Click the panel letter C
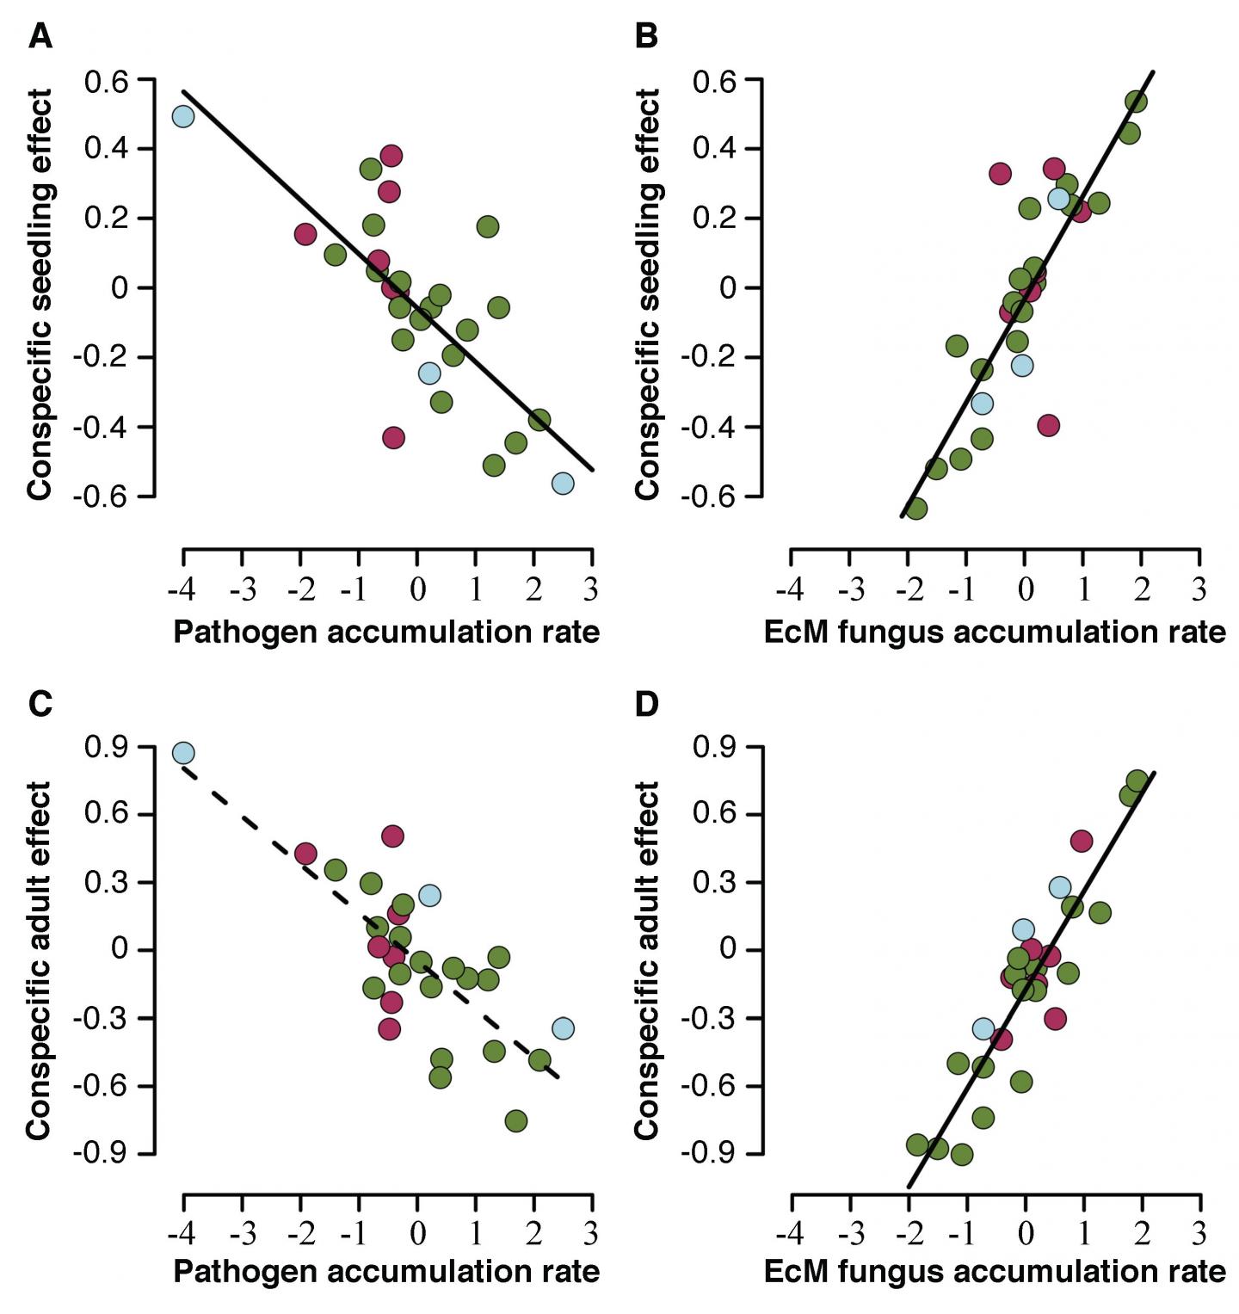point(41,703)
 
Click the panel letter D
point(646,703)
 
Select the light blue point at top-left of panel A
point(182,116)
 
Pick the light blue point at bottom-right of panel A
point(563,484)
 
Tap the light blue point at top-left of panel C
point(182,753)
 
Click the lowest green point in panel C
point(516,1120)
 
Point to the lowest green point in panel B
point(916,509)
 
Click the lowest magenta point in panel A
point(393,437)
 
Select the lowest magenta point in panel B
point(1048,425)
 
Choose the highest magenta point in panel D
point(1082,841)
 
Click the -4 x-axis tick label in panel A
point(182,591)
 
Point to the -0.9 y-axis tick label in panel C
point(104,1153)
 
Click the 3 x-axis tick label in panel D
point(1199,1231)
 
